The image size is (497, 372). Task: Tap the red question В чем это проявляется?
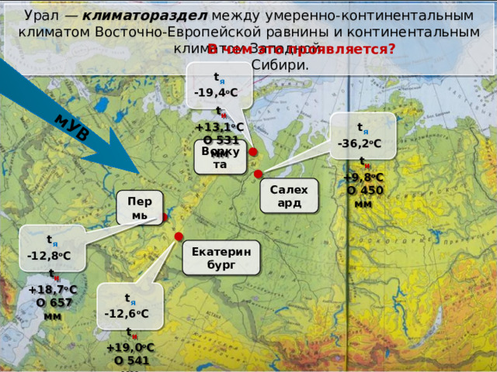click(301, 49)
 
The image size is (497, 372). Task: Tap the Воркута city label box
click(220, 157)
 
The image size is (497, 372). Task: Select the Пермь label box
click(139, 207)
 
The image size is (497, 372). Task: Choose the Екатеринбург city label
click(221, 259)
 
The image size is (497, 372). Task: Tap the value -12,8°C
click(48, 256)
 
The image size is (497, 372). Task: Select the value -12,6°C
click(127, 313)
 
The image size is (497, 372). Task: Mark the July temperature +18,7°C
click(52, 289)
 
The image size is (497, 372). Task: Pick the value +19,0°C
click(130, 348)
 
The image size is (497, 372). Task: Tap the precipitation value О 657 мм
click(54, 308)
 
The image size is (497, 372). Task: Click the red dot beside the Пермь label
click(165, 218)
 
